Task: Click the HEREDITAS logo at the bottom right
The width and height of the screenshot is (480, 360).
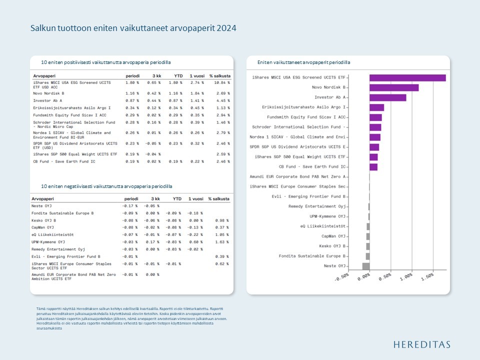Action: [421, 344]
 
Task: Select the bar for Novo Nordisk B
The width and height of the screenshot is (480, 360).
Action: [394, 87]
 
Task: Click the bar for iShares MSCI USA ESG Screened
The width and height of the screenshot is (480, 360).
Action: [407, 77]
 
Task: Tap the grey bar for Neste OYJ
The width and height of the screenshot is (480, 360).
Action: [366, 266]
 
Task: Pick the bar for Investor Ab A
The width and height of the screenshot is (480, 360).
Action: [388, 97]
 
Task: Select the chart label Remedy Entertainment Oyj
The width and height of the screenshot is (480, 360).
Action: [317, 206]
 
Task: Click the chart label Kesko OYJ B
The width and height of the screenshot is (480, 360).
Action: [332, 246]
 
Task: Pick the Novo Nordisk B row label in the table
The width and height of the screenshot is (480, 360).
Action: [48, 93]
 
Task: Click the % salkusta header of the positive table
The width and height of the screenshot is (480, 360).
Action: [219, 75]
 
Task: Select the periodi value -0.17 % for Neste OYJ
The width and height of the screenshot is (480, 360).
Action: [130, 205]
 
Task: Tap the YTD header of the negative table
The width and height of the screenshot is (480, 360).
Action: [177, 198]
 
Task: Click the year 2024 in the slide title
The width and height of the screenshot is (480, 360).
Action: [226, 28]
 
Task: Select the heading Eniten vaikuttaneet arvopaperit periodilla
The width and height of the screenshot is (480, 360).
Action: [303, 62]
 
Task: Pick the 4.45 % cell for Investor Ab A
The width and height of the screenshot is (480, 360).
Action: [221, 100]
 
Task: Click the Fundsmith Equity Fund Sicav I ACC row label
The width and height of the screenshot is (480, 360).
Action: [71, 115]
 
